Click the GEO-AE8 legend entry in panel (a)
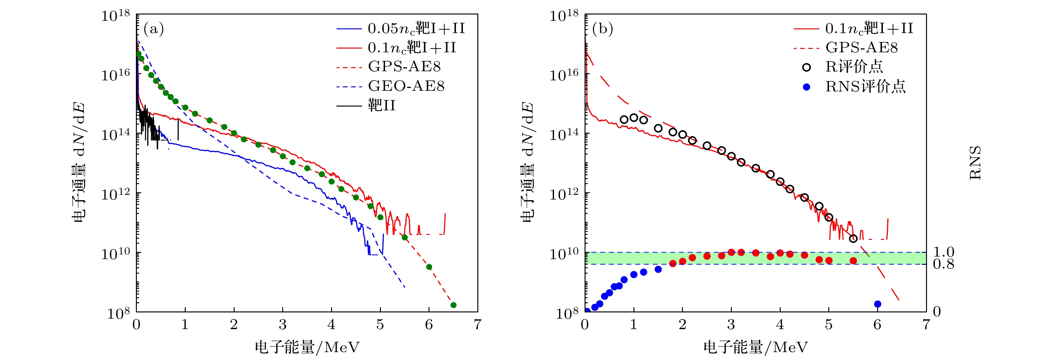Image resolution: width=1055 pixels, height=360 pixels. click(405, 86)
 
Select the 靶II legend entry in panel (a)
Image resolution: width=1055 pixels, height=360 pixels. click(381, 106)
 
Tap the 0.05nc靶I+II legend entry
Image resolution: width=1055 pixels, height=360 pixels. click(416, 28)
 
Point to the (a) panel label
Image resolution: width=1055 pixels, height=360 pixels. click(154, 29)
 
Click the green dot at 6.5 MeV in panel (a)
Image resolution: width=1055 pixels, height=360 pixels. click(453, 305)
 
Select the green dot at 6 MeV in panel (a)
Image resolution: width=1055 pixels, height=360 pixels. click(429, 267)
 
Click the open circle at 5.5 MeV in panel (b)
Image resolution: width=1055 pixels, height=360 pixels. click(853, 238)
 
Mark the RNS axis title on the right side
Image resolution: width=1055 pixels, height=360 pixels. click(975, 163)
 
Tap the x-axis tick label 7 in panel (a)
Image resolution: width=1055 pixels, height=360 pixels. click(478, 325)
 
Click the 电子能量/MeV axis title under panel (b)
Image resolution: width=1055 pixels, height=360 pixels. click(755, 347)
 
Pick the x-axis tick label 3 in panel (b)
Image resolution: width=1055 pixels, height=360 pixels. click(731, 325)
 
